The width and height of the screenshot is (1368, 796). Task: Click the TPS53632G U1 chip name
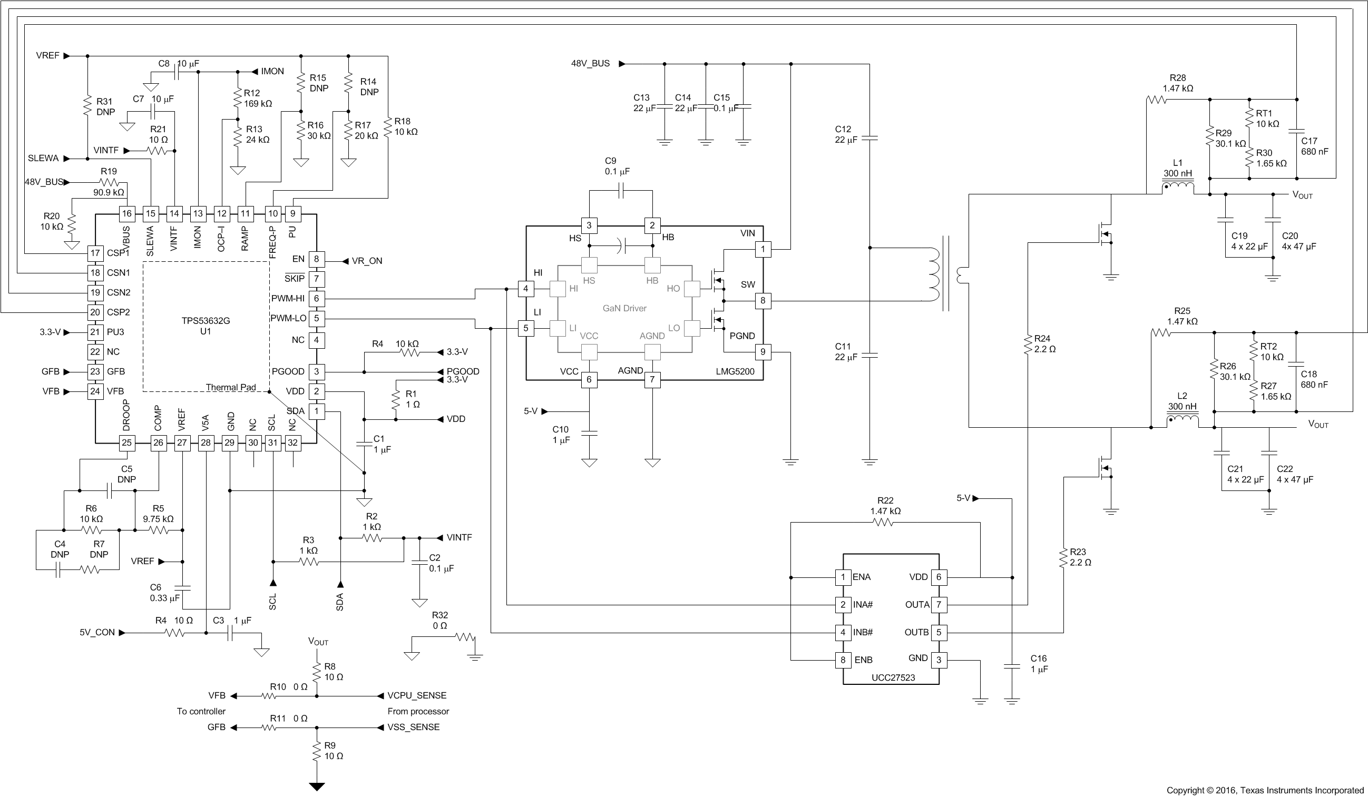tap(205, 326)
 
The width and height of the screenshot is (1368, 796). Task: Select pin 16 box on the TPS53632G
tap(126, 213)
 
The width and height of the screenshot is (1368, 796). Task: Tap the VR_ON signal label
tap(366, 261)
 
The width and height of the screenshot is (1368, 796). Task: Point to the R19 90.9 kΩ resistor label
tap(109, 181)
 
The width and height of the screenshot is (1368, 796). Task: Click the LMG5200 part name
tap(735, 372)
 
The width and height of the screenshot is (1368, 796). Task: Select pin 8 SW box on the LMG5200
tap(763, 300)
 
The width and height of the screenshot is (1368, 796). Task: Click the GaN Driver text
tap(624, 308)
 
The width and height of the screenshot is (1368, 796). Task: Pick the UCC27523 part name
tap(893, 677)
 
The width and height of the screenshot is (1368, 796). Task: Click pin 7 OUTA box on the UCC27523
tap(939, 604)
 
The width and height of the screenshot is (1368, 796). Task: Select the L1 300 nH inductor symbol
tap(1177, 187)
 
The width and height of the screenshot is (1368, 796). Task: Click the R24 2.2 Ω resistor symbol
tap(1028, 345)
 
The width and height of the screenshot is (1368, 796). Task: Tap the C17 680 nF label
tap(1314, 146)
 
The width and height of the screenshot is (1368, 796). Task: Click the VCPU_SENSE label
tap(416, 695)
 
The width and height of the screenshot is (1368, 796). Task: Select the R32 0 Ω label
tap(439, 620)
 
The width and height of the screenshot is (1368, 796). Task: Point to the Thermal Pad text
tap(230, 387)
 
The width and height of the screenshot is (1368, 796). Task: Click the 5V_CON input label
tap(97, 632)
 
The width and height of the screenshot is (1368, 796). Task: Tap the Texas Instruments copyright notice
tap(1265, 790)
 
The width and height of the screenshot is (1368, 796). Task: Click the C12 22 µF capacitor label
tap(846, 134)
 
